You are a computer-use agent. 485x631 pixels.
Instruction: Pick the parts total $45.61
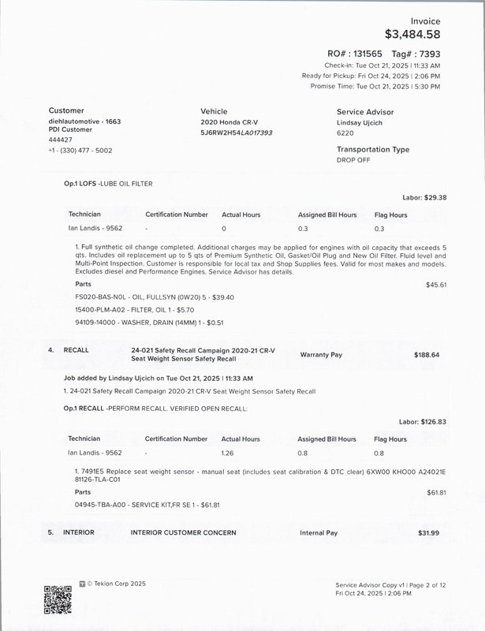[436, 284]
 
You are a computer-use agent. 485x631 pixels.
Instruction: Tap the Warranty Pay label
[322, 355]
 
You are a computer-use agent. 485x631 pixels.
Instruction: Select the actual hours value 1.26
[229, 453]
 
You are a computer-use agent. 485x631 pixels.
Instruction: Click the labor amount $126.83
[433, 422]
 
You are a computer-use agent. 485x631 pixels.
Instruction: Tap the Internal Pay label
[319, 533]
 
